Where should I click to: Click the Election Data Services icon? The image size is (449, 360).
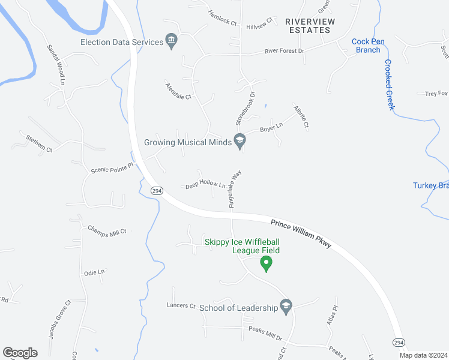click(x=172, y=42)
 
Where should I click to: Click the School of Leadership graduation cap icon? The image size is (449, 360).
click(x=286, y=307)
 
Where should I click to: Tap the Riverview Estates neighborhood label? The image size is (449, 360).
click(x=309, y=25)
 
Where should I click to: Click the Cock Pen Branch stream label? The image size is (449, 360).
click(x=366, y=46)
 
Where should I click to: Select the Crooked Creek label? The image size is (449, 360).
click(x=390, y=85)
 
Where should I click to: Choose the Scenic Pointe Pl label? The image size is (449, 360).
click(x=111, y=170)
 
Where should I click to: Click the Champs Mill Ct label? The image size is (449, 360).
click(x=107, y=230)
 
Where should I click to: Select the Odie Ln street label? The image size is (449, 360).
click(x=94, y=272)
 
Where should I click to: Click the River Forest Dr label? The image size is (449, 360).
click(x=285, y=51)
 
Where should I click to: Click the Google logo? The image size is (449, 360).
click(x=20, y=353)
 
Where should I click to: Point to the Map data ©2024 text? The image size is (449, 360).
click(x=423, y=355)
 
